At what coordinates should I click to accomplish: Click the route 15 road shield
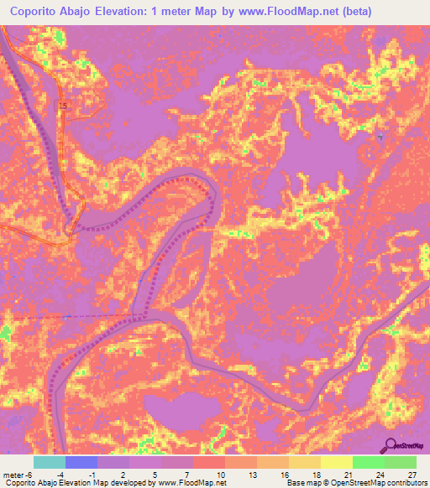pyautogui.click(x=63, y=105)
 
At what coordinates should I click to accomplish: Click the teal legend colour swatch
pyautogui.click(x=50, y=462)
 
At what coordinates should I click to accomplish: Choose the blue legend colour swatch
pyautogui.click(x=81, y=462)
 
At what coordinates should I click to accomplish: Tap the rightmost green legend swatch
pyautogui.click(x=401, y=462)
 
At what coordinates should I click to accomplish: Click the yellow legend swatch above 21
pyautogui.click(x=337, y=462)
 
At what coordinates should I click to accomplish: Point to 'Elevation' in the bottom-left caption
pyautogui.click(x=79, y=483)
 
